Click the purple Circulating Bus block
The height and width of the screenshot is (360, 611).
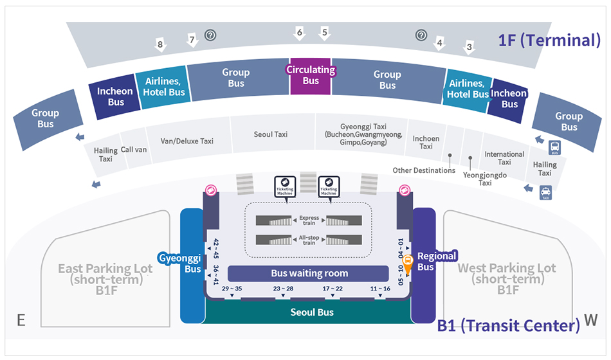pyautogui.click(x=311, y=76)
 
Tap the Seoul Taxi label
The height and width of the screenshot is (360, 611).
pyautogui.click(x=271, y=134)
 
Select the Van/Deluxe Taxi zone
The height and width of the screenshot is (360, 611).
pyautogui.click(x=187, y=141)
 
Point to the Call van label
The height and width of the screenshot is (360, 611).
pyautogui.click(x=134, y=148)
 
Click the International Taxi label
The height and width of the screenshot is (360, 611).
pyautogui.click(x=504, y=158)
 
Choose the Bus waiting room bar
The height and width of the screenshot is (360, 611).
pyautogui.click(x=309, y=273)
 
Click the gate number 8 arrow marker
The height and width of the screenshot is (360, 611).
pyautogui.click(x=160, y=45)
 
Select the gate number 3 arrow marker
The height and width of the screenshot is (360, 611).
pyautogui.click(x=470, y=47)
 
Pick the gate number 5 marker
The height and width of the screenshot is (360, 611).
pyautogui.click(x=325, y=33)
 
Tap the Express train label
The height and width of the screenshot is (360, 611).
pyautogui.click(x=309, y=221)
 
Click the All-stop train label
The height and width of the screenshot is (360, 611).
pyautogui.click(x=309, y=240)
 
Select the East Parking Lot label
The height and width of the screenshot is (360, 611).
pyautogui.click(x=105, y=275)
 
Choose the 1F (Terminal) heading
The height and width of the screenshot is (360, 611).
pyautogui.click(x=549, y=40)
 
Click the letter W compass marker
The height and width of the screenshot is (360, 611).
pyautogui.click(x=590, y=319)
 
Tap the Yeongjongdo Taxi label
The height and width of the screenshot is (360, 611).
pyautogui.click(x=475, y=178)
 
